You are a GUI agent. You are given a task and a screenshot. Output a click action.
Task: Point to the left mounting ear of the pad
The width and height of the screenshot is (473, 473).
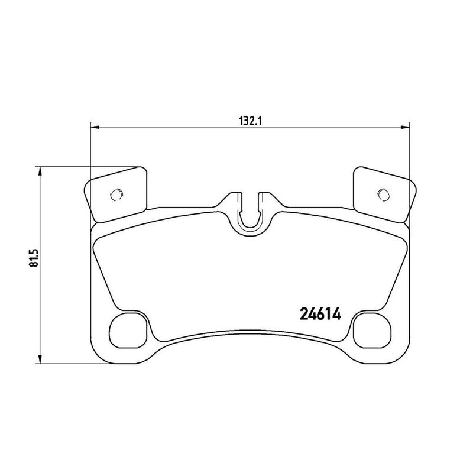[x=116, y=192]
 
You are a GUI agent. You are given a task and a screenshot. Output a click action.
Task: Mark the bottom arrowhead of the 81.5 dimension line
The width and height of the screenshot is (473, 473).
[x=40, y=359]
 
